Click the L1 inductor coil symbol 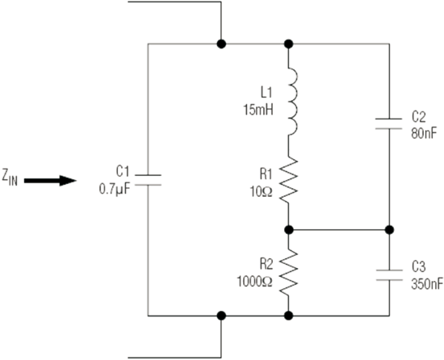coord(293,102)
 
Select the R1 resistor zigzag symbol coord(289,180)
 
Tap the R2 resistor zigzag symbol coord(289,272)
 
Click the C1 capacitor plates coord(148,180)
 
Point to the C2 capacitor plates coord(389,123)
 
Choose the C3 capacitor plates coord(389,275)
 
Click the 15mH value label coord(258,110)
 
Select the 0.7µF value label coord(115,189)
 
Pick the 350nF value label coord(427,284)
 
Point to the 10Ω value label coord(261,192)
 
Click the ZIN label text coord(10,178)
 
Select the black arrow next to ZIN coord(50,181)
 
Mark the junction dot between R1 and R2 coord(288,230)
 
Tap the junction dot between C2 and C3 coord(389,230)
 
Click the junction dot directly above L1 coord(288,44)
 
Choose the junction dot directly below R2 coord(288,316)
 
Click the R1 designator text coord(266,174)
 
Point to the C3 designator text coord(418,266)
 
